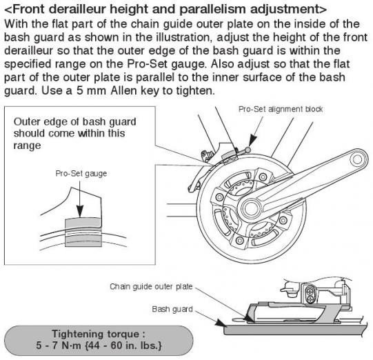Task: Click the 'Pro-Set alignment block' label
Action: point(281,109)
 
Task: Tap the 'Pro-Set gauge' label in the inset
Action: point(81,174)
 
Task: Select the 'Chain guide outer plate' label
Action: point(151,286)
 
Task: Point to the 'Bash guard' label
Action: point(172,309)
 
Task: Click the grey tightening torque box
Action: point(99,341)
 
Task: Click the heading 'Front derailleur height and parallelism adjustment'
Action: point(165,9)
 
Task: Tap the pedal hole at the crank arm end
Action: point(357,159)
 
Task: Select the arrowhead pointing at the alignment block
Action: point(252,141)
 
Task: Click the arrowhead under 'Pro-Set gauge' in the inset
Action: point(80,210)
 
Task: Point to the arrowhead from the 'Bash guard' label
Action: point(220,323)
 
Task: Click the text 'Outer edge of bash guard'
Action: point(74,122)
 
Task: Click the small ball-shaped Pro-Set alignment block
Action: point(248,150)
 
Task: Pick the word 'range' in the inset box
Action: point(27,146)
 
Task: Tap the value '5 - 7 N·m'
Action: point(59,346)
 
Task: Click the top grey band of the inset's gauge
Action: point(82,222)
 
